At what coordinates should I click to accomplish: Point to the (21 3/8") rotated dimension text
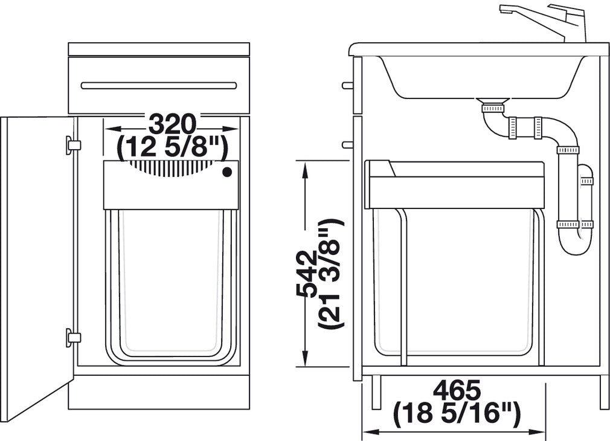(x=332, y=274)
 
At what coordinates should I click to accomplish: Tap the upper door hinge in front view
(x=72, y=144)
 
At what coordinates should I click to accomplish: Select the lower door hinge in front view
(x=72, y=337)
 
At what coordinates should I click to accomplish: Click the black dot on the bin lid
(x=227, y=172)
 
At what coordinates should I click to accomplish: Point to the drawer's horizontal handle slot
(x=159, y=85)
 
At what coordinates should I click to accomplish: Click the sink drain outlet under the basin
(x=493, y=107)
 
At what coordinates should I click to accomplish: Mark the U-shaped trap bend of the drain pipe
(x=572, y=245)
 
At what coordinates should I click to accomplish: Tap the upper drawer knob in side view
(x=347, y=85)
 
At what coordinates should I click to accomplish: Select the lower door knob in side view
(x=347, y=145)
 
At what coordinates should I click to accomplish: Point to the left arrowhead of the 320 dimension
(x=109, y=128)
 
